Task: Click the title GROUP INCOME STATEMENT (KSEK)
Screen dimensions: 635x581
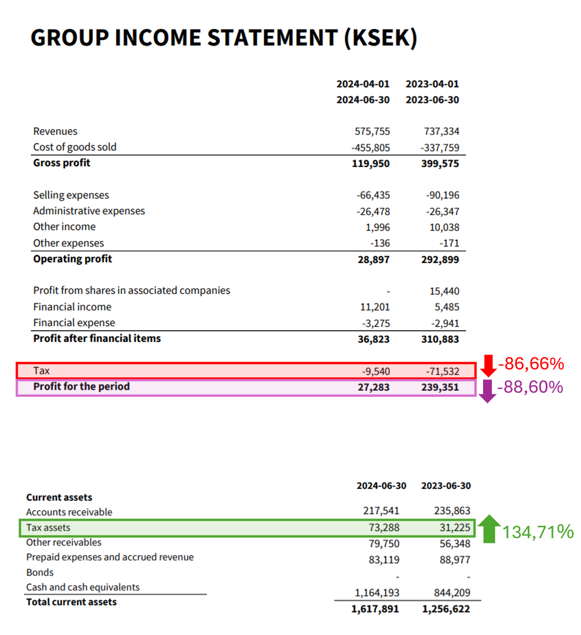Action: (x=223, y=38)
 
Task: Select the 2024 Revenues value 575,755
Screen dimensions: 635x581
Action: (x=372, y=131)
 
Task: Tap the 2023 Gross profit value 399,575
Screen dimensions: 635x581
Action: (x=440, y=164)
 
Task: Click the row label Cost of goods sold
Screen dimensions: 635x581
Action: (x=75, y=147)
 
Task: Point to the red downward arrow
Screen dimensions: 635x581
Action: (x=488, y=365)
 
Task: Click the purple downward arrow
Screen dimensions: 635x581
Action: (x=487, y=391)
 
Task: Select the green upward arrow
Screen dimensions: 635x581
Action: (x=489, y=529)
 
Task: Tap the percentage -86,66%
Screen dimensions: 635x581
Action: (x=531, y=364)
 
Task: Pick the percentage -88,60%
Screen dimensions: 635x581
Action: (x=530, y=387)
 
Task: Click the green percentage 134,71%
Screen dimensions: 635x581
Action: (x=538, y=532)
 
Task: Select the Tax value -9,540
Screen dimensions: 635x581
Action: (x=376, y=372)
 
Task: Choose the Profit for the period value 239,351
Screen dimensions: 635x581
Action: (x=440, y=387)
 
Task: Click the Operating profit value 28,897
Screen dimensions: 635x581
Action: (x=373, y=259)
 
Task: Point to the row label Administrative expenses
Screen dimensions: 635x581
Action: (x=89, y=211)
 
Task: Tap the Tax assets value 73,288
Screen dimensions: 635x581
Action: (x=384, y=527)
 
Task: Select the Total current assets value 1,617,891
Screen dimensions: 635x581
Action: (x=375, y=609)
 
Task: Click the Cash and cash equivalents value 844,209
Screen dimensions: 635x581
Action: (x=452, y=593)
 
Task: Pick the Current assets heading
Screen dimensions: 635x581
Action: (x=59, y=497)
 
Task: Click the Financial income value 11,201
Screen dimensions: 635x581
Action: (x=375, y=307)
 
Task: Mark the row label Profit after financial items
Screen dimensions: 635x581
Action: (x=97, y=338)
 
